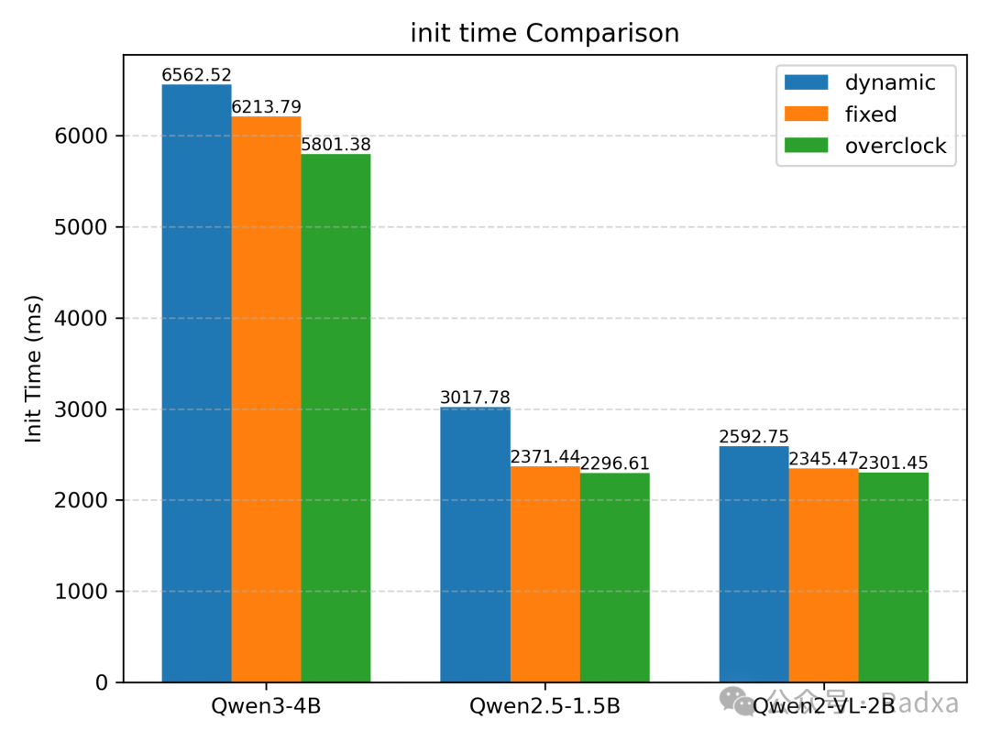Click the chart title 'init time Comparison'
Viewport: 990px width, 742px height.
click(x=544, y=34)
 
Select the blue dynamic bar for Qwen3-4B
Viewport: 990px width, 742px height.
click(x=196, y=385)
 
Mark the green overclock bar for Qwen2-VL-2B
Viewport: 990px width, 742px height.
click(x=893, y=577)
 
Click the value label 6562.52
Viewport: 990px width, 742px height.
click(x=196, y=75)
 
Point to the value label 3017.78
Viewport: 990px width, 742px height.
click(x=475, y=398)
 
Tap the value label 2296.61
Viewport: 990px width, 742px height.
click(x=614, y=464)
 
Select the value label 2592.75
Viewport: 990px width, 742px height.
click(x=753, y=437)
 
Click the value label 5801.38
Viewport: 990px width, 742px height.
click(x=335, y=145)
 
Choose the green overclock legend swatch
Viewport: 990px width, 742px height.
click(x=806, y=147)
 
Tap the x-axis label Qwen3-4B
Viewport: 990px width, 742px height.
click(x=266, y=706)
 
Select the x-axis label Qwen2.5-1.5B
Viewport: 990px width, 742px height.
click(x=544, y=706)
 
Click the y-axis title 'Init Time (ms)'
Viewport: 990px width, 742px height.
click(x=34, y=369)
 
